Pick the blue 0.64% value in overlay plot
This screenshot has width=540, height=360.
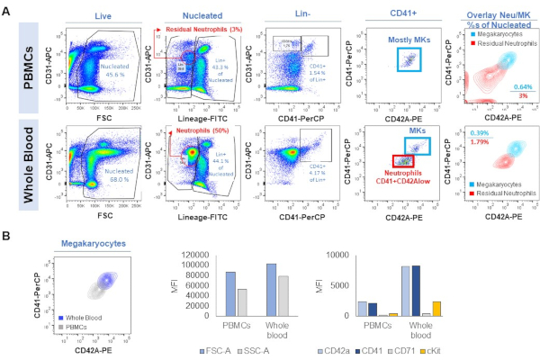point(511,87)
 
